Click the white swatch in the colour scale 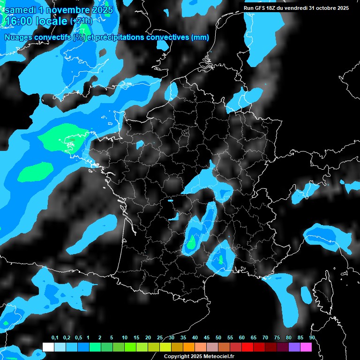(x=48, y=347)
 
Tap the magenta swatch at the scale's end (x=306, y=347)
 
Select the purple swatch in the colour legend (x=294, y=347)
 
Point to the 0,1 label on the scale (x=55, y=338)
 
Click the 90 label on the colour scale (x=312, y=338)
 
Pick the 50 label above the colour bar (x=218, y=338)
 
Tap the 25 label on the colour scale (x=160, y=338)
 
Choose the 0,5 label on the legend (x=78, y=338)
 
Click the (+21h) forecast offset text (x=82, y=21)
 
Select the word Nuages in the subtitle (x=18, y=37)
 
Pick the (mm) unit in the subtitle (x=199, y=37)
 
